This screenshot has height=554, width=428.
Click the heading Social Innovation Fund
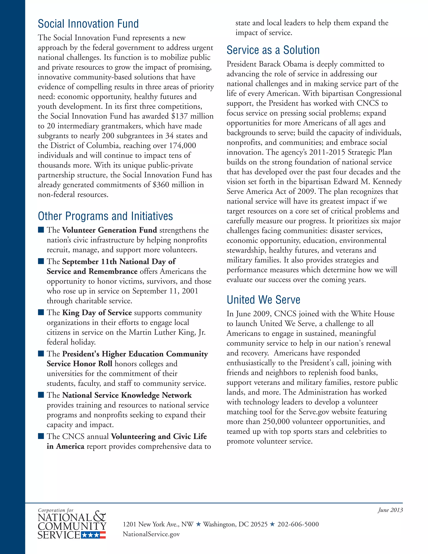pos(88,24)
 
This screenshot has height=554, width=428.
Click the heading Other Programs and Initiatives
pos(105,216)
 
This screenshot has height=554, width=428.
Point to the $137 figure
pos(180,116)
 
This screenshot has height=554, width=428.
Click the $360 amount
pos(161,185)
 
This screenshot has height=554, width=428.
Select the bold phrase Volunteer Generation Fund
pos(110,230)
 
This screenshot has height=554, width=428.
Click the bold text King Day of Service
pos(97,313)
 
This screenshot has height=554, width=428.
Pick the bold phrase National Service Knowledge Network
pos(127,395)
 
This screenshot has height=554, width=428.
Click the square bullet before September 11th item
pos(41,261)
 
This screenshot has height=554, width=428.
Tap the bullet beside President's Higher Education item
pos(41,354)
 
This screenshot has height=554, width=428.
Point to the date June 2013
pos(390,510)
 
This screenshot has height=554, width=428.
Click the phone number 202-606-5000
pos(298,524)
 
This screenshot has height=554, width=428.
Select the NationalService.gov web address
pos(151,534)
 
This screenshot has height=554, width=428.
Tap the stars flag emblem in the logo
pos(93,535)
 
